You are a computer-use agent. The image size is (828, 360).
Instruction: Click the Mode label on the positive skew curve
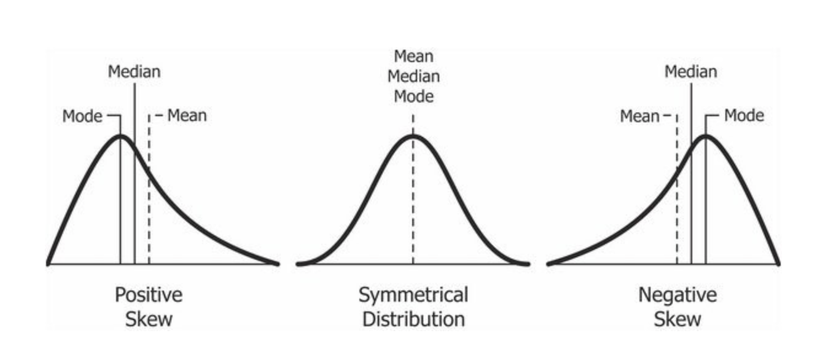82,116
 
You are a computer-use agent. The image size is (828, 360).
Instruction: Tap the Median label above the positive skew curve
134,72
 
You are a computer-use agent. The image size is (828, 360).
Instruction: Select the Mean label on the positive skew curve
187,115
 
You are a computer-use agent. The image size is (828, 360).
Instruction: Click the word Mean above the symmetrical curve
413,57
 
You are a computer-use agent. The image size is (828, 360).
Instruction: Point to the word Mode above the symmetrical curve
413,96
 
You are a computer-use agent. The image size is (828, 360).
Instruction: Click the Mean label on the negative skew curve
639,116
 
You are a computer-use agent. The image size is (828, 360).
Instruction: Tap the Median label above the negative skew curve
690,72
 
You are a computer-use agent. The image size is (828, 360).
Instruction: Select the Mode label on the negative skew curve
744,115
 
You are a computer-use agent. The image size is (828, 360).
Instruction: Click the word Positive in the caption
149,295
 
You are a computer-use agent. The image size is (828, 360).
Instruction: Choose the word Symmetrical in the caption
413,295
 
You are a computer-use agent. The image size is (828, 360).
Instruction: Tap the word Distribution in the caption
413,319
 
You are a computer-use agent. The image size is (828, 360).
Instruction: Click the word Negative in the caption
678,295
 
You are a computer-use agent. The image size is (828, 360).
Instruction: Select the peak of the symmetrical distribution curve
413,136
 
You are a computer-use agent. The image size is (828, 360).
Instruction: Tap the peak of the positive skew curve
120,136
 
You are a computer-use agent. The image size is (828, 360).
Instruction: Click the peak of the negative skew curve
706,136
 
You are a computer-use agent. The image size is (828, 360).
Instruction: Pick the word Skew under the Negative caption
678,319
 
